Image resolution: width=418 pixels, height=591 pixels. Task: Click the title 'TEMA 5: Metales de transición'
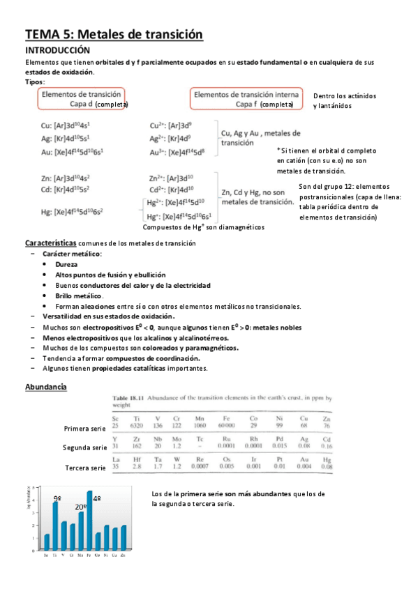[x=114, y=34]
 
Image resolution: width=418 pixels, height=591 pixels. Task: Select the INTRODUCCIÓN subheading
[x=58, y=51]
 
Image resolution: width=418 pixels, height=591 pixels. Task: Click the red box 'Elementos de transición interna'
[x=247, y=99]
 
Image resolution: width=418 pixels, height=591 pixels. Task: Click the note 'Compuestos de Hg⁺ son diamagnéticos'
[x=203, y=227]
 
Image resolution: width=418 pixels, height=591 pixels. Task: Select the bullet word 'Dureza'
[x=67, y=265]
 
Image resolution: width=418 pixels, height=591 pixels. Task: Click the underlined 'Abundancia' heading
[x=46, y=386]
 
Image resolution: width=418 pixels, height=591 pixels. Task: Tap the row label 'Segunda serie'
[x=84, y=447]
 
